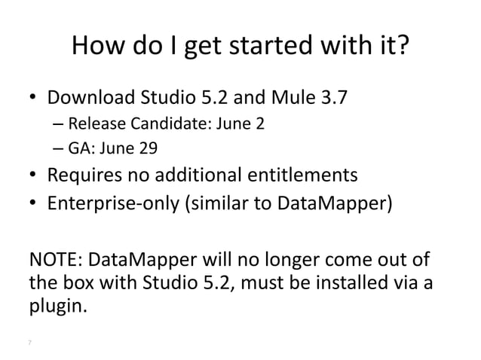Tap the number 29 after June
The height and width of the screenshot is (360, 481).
pos(149,148)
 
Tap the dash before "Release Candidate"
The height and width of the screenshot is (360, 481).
pos(59,124)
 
